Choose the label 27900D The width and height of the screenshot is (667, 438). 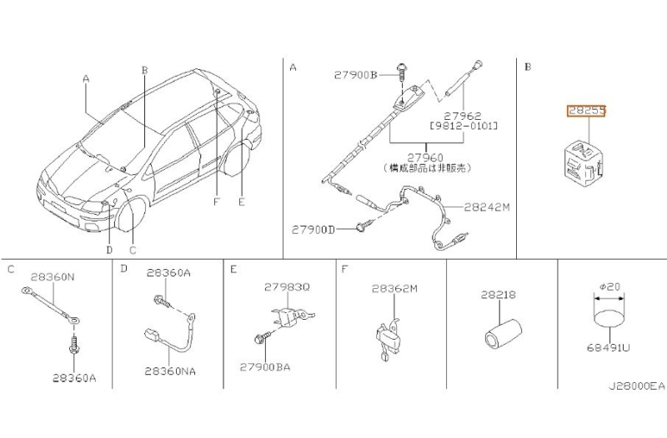313,229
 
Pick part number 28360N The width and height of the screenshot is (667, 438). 50,276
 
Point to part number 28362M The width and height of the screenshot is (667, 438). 394,287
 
